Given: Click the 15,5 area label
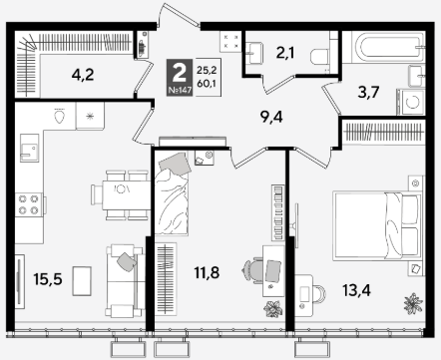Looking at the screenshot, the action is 48,279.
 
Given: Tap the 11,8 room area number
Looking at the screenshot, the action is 207,273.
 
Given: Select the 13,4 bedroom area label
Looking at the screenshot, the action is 357,291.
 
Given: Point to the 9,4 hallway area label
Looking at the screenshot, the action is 271,117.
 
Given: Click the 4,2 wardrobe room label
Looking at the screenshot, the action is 83,75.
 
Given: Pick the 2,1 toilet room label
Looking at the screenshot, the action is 285,53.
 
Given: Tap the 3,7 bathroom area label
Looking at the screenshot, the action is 369,93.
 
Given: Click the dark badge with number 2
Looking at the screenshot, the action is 180,77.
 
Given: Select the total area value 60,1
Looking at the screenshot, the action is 207,84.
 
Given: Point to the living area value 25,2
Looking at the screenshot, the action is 207,70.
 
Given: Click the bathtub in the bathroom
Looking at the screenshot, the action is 384,47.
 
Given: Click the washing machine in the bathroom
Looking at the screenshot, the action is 411,102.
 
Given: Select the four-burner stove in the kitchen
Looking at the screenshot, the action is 29,204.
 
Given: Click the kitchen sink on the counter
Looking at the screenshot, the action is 29,148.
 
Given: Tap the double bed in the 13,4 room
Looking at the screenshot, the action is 377,225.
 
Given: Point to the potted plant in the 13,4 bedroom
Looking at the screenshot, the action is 413,303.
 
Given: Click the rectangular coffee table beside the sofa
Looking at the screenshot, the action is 82,281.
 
